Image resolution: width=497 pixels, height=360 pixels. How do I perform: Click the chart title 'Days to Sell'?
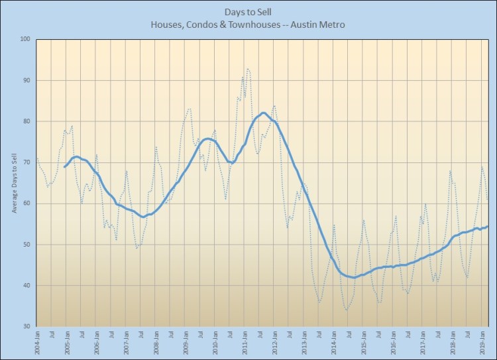[x=248, y=12]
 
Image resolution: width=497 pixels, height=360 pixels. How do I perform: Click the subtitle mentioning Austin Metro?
[x=248, y=25]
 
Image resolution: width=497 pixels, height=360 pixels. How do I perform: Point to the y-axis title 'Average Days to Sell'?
[x=14, y=182]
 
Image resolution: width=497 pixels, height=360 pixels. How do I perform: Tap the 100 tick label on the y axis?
[x=26, y=40]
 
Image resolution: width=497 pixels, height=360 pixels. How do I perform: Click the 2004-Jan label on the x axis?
[x=36, y=343]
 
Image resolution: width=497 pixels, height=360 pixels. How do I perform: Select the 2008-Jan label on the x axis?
[x=156, y=343]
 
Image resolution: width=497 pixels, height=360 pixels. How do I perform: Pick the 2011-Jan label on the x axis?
[x=246, y=343]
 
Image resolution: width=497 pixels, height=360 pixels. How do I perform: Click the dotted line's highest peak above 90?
[x=248, y=68]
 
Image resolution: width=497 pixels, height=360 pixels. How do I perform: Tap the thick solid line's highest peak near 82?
[x=263, y=113]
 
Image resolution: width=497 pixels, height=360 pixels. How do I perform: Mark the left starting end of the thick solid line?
[x=65, y=166]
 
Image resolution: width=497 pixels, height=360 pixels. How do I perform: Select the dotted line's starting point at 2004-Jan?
[x=36, y=158]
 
